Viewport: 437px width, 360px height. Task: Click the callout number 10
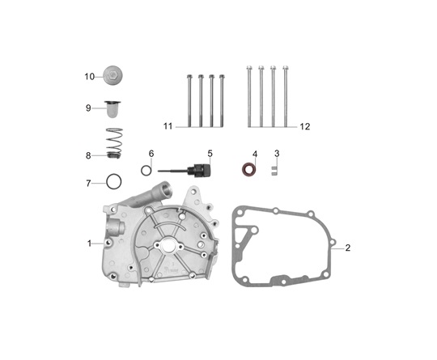tap(90, 77)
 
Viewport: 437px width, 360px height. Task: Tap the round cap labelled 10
tap(112, 75)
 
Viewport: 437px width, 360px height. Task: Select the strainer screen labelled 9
tap(112, 109)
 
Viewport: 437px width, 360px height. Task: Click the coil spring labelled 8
tap(115, 143)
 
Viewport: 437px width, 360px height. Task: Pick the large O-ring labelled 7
tap(114, 182)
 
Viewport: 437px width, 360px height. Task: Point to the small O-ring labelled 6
tap(146, 170)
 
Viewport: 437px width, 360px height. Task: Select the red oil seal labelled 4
tap(248, 170)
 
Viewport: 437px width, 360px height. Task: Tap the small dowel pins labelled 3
tap(274, 171)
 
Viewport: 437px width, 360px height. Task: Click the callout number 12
tap(305, 127)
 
